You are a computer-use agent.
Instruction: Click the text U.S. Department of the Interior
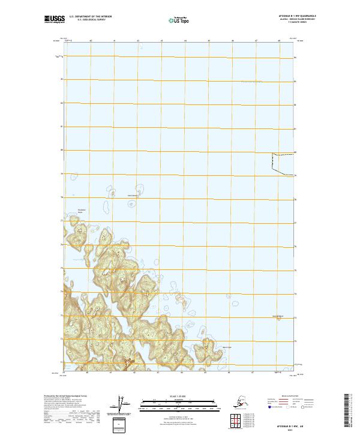(x=92, y=18)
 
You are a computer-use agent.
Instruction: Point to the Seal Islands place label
(x=133, y=195)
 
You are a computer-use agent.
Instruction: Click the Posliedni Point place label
(x=82, y=211)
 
